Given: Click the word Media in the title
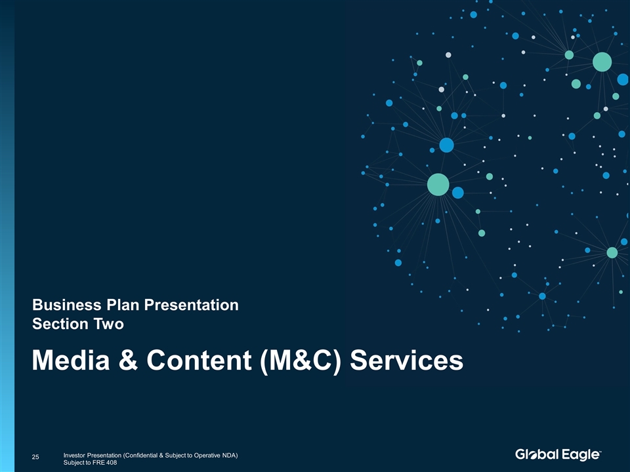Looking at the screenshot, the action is click(x=71, y=360).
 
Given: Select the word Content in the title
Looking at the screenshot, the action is click(x=199, y=360).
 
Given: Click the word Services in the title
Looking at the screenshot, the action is click(x=407, y=360).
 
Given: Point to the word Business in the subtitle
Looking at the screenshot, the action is click(x=67, y=305).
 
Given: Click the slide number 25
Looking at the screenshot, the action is click(x=35, y=457).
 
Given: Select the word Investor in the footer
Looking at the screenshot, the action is click(x=75, y=455).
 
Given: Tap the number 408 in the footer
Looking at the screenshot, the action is click(x=112, y=462).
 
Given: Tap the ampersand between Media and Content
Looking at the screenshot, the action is click(x=128, y=360).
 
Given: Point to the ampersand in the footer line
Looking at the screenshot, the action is click(x=161, y=455).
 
